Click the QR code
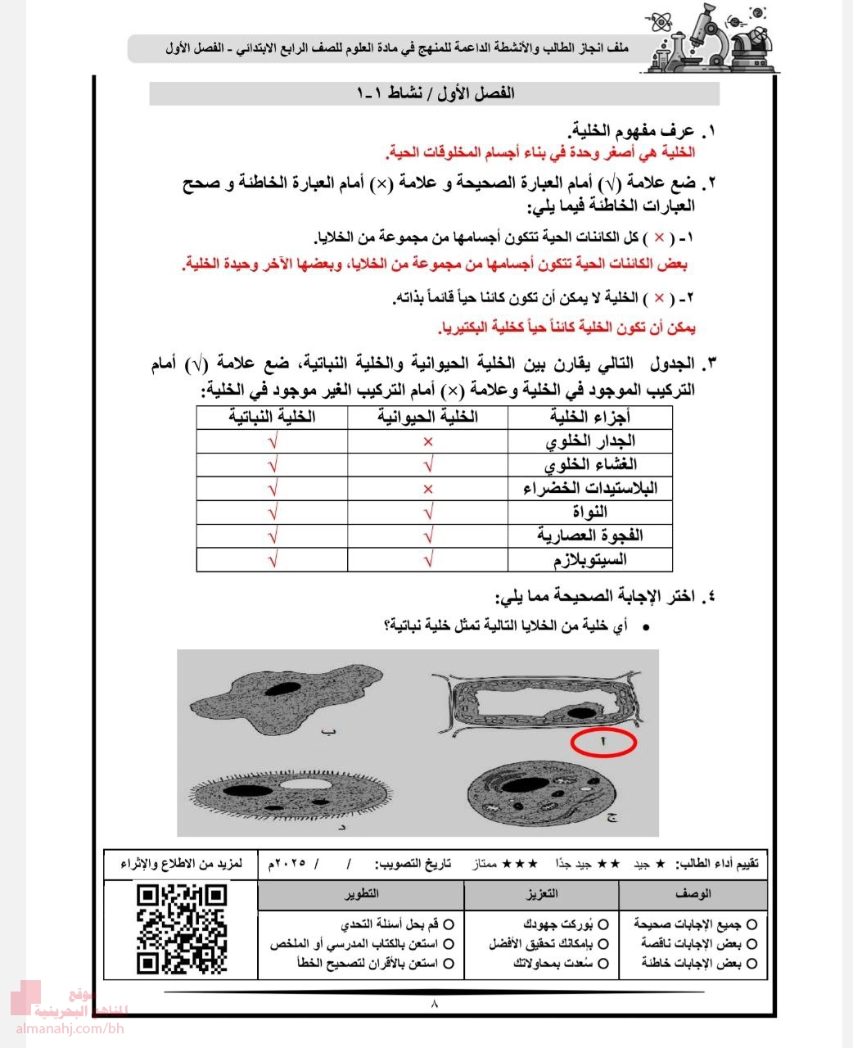pyautogui.click(x=181, y=929)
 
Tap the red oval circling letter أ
pyautogui.click(x=603, y=742)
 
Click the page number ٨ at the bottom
pyautogui.click(x=434, y=1004)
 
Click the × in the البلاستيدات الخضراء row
pyautogui.click(x=427, y=490)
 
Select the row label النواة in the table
pyautogui.click(x=590, y=513)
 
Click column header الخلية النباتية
pyautogui.click(x=272, y=418)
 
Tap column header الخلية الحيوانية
pyautogui.click(x=427, y=418)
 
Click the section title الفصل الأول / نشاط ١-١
pyautogui.click(x=436, y=93)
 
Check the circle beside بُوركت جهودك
pyautogui.click(x=603, y=924)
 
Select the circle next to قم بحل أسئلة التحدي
pyautogui.click(x=448, y=924)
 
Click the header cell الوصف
pyautogui.click(x=693, y=893)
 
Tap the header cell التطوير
pyautogui.click(x=361, y=893)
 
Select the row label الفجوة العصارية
pyautogui.click(x=590, y=536)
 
